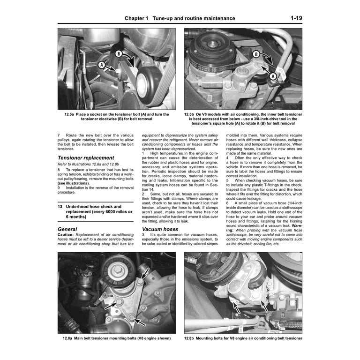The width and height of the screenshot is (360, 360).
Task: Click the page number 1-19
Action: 296,18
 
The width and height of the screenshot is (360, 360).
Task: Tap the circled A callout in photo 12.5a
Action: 101,65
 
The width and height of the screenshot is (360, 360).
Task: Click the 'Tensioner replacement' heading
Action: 86,157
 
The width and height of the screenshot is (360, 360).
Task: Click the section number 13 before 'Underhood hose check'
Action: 60,206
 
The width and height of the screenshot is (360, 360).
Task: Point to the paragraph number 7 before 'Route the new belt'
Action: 59,135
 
